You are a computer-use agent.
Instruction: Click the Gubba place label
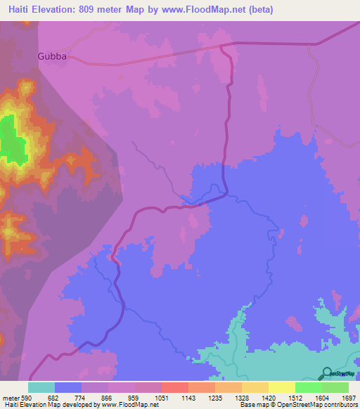click(x=51, y=57)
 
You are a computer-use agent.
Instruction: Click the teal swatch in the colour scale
click(x=41, y=387)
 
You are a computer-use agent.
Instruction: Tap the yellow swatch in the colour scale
click(x=281, y=387)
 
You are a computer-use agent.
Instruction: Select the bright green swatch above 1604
click(x=308, y=387)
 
